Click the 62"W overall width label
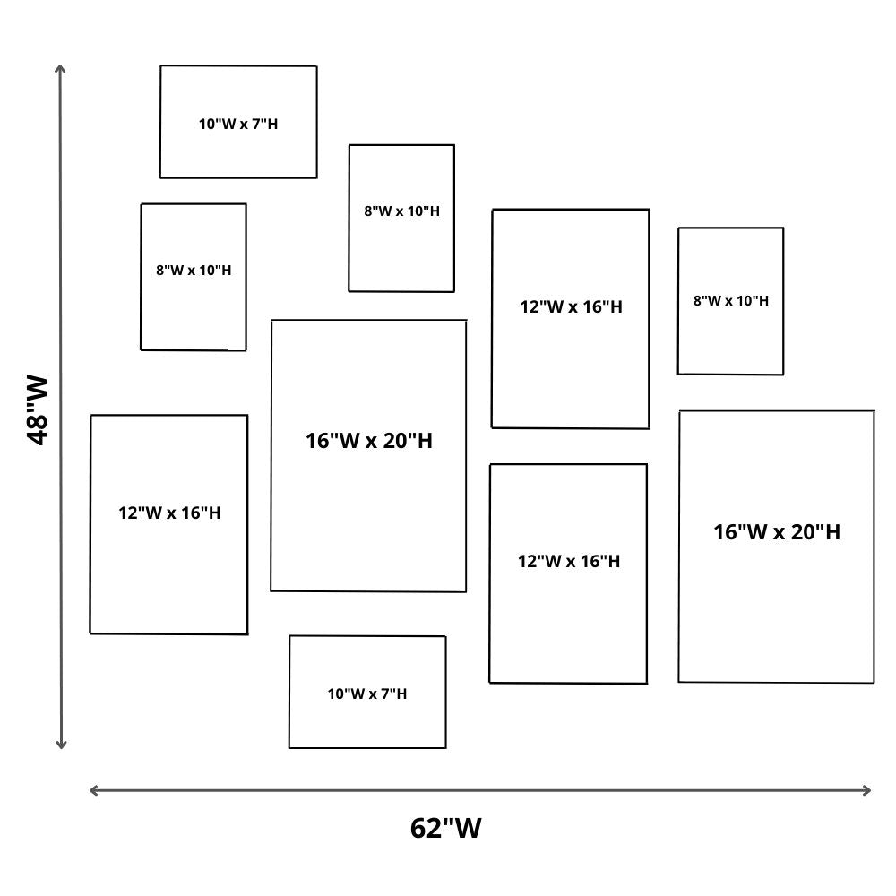(445, 827)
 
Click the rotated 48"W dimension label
(38, 410)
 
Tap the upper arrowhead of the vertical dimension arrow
(61, 68)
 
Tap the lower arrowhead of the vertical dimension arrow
(61, 745)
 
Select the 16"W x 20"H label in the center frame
(369, 441)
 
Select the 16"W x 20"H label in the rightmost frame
(777, 532)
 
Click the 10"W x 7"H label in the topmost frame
(238, 124)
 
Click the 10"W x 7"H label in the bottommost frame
(367, 694)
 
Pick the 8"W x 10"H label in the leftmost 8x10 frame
(194, 270)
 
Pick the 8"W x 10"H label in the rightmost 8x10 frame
(731, 301)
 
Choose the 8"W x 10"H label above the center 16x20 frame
(401, 211)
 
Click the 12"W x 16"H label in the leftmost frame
(169, 513)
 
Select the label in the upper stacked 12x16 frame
(571, 306)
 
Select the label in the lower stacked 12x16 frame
(569, 561)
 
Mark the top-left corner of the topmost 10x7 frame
(161, 66)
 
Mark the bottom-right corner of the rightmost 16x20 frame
(874, 683)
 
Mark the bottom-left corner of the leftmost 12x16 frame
(90, 633)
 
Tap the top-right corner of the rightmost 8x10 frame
(783, 228)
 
